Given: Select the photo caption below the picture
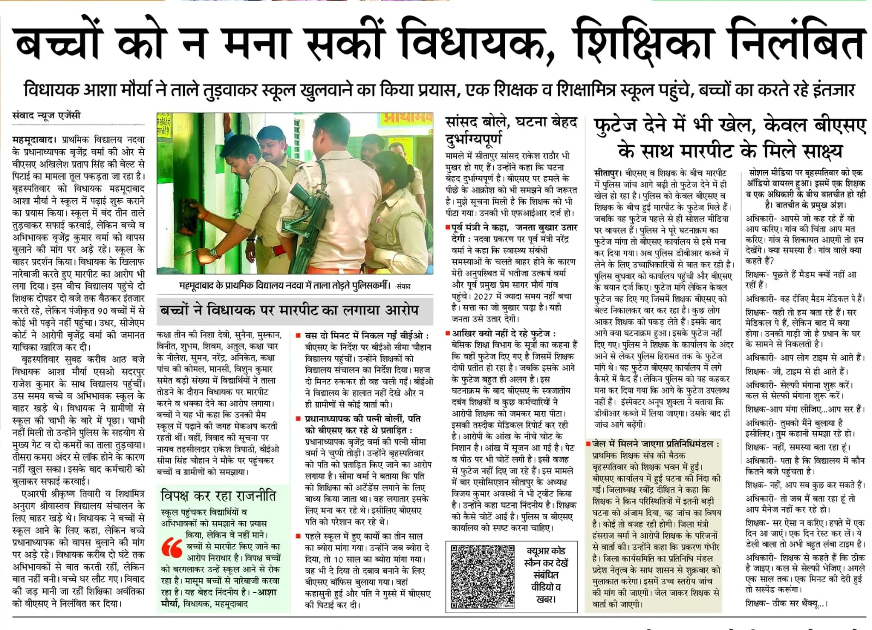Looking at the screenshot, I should (294, 285).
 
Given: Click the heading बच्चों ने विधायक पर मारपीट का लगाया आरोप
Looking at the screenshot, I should (289, 311).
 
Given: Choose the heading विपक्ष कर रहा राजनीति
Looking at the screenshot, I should (218, 495).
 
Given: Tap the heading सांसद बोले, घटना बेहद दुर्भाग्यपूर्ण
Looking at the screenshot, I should (510, 130).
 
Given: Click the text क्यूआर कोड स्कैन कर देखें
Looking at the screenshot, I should (546, 556).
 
